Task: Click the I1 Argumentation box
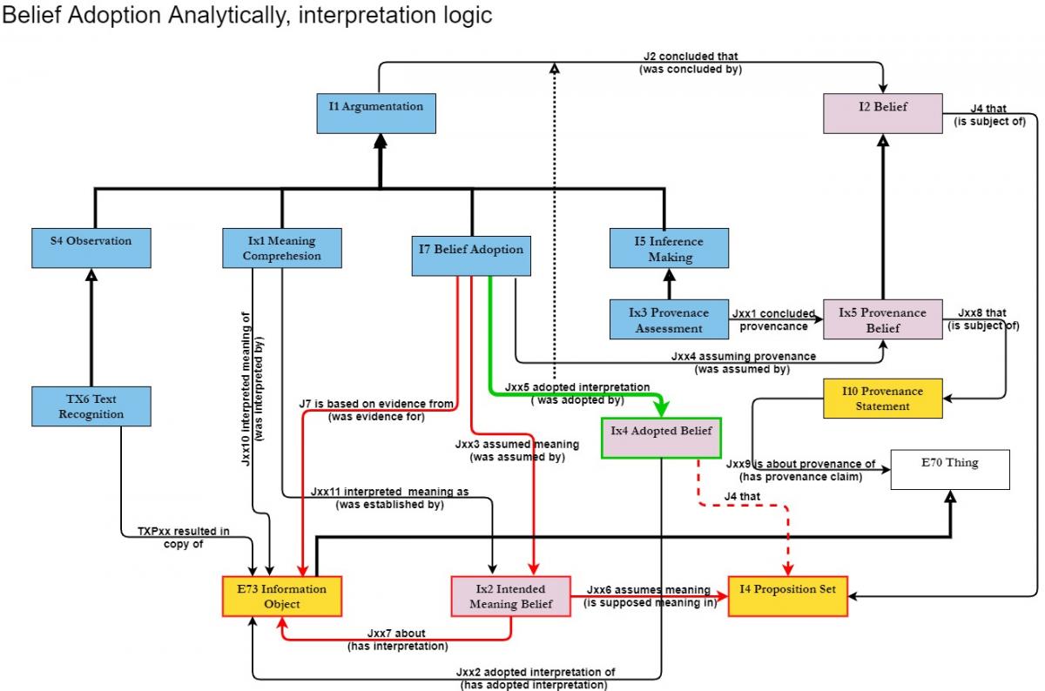tap(375, 113)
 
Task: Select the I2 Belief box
tap(883, 113)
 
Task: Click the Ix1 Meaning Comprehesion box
tap(281, 248)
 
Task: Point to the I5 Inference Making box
tap(669, 248)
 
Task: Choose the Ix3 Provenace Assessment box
tap(669, 319)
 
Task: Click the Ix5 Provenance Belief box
tap(882, 319)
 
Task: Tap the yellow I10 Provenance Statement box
tap(881, 399)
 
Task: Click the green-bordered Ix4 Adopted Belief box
tap(662, 438)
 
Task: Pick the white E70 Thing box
tap(950, 469)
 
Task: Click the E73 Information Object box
tap(281, 596)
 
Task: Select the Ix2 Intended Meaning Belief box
tap(510, 596)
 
